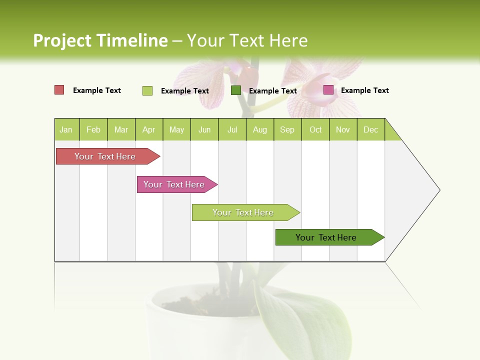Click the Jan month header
coord(66,129)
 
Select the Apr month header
coord(148,129)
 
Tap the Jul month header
coord(232,129)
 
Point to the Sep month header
coord(287,129)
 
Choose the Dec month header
coord(370,129)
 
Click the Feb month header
coord(93,129)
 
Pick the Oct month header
coord(315,129)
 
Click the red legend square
coord(59,90)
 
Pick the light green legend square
coord(147,90)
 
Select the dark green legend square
coord(236,90)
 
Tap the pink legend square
coord(328,90)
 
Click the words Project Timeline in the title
coord(100,40)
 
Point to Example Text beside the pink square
coord(364,90)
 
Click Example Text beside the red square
coord(96,90)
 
